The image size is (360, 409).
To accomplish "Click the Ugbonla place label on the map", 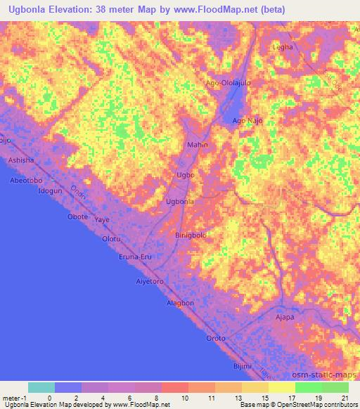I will [179, 202].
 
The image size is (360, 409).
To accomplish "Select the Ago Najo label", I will [247, 121].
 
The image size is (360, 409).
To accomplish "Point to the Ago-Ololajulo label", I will [227, 82].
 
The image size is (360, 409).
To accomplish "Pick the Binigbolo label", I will [191, 235].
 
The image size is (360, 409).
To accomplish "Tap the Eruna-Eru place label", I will [135, 257].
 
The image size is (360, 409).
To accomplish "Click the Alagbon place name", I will [180, 303].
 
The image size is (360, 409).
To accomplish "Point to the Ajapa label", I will [285, 318].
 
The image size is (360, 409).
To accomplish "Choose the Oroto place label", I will [216, 338].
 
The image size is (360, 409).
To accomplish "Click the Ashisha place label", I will [20, 161].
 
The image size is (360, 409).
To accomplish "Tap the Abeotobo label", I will [24, 180].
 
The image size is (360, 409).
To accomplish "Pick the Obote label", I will [77, 216].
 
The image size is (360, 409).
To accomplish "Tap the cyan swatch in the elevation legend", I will [41, 387].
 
